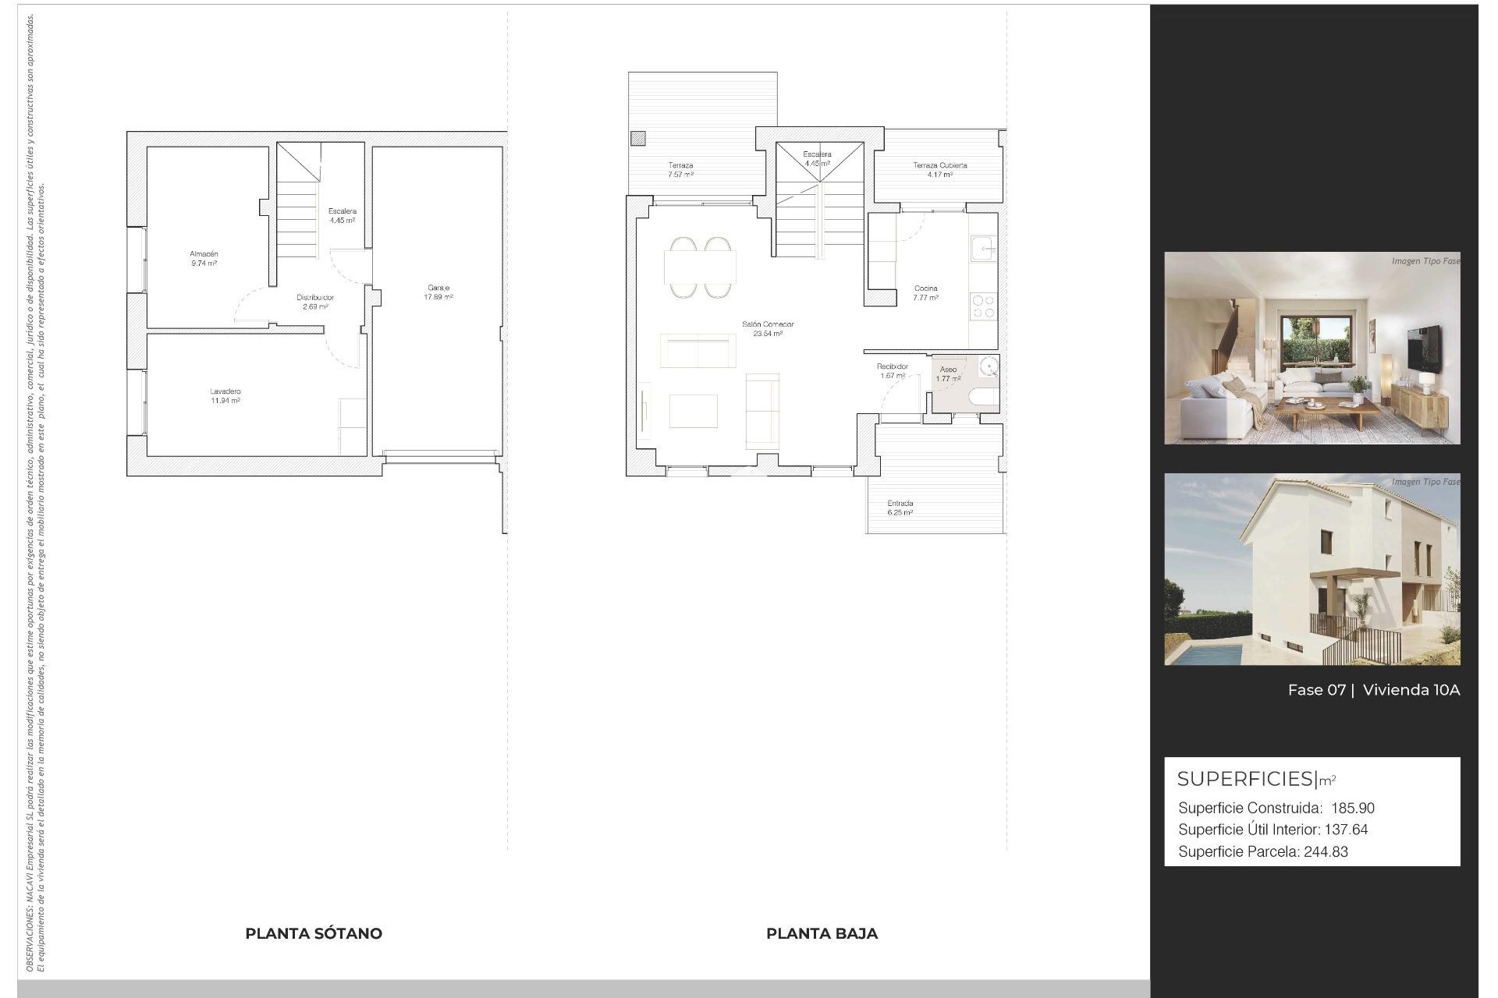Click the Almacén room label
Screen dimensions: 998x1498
[x=204, y=259]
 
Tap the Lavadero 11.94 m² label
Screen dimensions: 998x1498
[x=225, y=396]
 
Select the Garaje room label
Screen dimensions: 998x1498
[x=438, y=292]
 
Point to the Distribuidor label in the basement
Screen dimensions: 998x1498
[x=315, y=302]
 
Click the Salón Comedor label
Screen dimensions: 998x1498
[x=768, y=329]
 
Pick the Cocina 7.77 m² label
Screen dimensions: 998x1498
[x=926, y=293]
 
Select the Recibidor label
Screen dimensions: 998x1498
[x=893, y=371]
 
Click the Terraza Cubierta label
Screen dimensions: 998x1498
[x=940, y=170]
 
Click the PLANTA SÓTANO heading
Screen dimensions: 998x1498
[x=314, y=933]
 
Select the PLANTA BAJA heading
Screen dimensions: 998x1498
[x=822, y=933]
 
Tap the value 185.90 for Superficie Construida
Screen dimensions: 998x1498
[x=1353, y=809]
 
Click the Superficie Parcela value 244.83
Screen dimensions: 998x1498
[x=1326, y=852]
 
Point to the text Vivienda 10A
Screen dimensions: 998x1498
[x=1411, y=690]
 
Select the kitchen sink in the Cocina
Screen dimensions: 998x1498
[x=982, y=249]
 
